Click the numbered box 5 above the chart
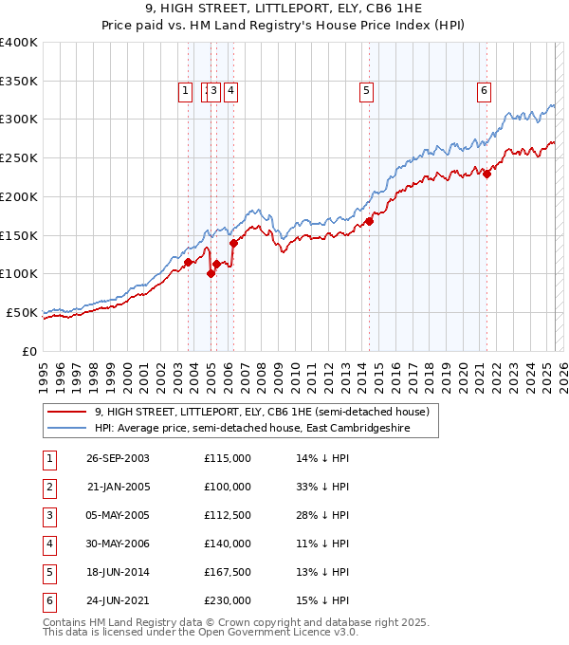[x=366, y=91]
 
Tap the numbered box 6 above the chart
[x=484, y=91]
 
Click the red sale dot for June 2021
[x=486, y=174]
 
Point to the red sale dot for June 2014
[x=369, y=221]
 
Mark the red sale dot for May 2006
[x=233, y=243]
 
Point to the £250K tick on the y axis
[x=19, y=157]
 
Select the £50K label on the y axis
[x=23, y=312]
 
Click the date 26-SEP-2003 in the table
[x=119, y=459]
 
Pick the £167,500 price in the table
[x=227, y=572]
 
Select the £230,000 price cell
[x=227, y=600]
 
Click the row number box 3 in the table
[x=47, y=516]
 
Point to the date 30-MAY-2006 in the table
[x=119, y=544]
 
